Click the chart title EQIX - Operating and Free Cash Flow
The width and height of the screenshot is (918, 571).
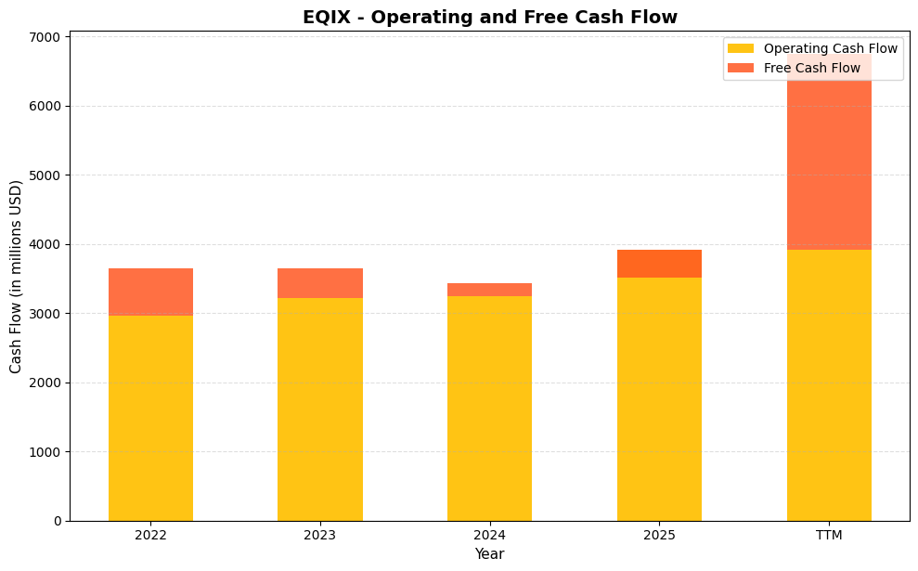point(489,17)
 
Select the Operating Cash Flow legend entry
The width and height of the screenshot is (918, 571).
point(812,48)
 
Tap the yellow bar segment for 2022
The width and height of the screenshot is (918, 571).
point(150,418)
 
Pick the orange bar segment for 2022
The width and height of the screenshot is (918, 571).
point(150,292)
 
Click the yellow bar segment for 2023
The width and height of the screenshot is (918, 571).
point(320,409)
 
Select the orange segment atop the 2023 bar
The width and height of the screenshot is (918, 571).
point(320,283)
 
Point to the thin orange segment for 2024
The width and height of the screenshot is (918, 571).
point(489,290)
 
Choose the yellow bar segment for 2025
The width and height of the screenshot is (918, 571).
point(659,399)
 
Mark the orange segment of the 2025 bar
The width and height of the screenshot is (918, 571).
point(659,264)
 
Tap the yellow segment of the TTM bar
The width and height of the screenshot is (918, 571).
point(829,385)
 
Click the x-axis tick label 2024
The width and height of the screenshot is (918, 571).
point(489,536)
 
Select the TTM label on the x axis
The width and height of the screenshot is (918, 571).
point(829,536)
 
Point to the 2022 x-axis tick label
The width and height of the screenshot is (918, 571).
point(150,536)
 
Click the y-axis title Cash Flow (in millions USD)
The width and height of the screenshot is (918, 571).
point(16,277)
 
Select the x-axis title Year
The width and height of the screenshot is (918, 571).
point(489,554)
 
